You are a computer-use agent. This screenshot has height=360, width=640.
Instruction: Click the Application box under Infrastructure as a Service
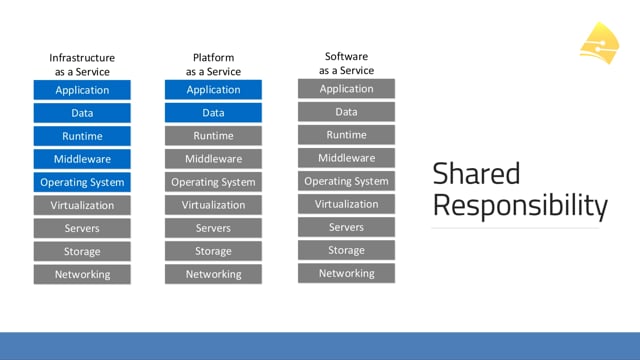click(82, 90)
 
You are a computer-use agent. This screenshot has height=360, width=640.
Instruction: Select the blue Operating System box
click(82, 182)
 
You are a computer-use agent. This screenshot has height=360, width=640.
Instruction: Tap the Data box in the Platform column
click(213, 113)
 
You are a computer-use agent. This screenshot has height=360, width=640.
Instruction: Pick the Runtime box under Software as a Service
click(346, 135)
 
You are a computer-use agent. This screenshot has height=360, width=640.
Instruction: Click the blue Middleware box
click(82, 159)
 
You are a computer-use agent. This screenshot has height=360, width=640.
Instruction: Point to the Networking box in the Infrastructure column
click(82, 274)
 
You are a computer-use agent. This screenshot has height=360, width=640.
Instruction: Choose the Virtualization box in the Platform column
click(213, 205)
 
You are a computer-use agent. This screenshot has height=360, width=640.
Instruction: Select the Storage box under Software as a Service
click(346, 250)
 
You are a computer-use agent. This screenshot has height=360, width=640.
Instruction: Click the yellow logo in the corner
click(600, 43)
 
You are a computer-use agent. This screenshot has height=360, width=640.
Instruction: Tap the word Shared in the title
click(476, 173)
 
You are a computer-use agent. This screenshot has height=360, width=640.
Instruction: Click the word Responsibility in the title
click(520, 205)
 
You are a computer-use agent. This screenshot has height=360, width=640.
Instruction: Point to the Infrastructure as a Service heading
click(82, 64)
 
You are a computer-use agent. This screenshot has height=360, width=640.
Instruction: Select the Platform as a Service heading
click(213, 64)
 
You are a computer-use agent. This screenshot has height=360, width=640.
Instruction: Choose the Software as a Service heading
click(346, 63)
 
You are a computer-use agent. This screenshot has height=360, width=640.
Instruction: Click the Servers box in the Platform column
click(213, 228)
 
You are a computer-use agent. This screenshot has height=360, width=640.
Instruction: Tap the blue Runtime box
click(82, 136)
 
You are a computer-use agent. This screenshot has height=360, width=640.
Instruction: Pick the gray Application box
click(346, 89)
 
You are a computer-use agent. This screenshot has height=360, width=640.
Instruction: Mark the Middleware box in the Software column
click(346, 158)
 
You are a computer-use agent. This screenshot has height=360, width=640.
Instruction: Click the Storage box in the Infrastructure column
click(82, 251)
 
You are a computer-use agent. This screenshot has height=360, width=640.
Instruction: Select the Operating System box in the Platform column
click(213, 182)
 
